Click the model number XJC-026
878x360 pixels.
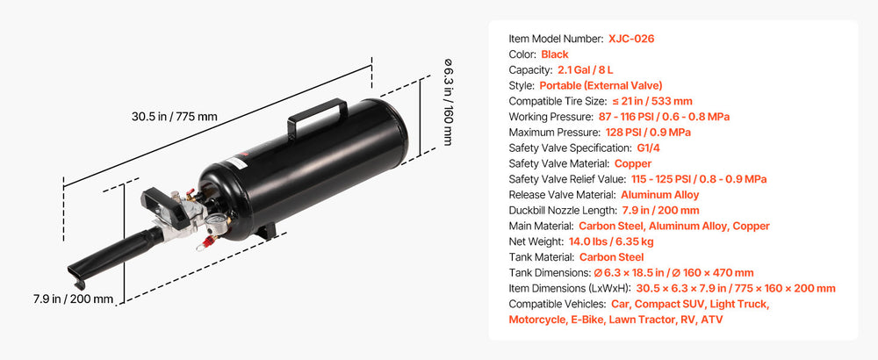(631, 39)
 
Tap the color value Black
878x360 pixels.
(555, 54)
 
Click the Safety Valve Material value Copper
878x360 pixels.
(633, 163)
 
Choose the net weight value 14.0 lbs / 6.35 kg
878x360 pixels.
(611, 241)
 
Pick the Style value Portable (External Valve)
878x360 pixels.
(601, 86)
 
